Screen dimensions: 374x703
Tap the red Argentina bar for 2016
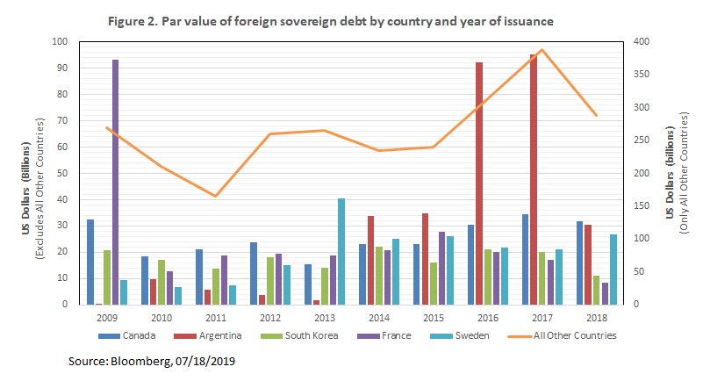(479, 183)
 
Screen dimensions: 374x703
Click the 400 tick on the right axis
(641, 41)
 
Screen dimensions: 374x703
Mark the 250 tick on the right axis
(641, 140)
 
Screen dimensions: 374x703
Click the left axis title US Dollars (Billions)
(26, 173)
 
